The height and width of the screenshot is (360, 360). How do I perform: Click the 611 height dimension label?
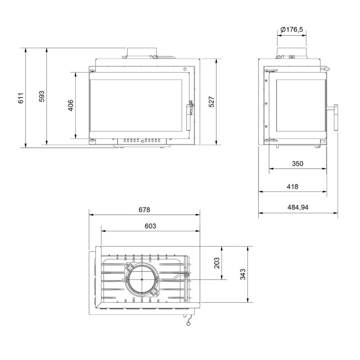[x=21, y=98]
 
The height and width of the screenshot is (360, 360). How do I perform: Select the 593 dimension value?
[x=42, y=96]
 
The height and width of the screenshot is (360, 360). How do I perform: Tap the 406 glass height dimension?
[x=70, y=105]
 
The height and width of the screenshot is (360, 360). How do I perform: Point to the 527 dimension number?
[x=211, y=101]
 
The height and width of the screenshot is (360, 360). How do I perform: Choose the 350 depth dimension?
[x=298, y=163]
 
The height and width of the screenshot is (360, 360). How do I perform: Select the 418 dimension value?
[x=293, y=186]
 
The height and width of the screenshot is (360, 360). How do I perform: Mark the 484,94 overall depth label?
[x=298, y=207]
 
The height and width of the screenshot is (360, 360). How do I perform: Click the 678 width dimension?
[x=144, y=210]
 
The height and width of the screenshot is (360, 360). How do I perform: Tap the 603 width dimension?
[x=150, y=226]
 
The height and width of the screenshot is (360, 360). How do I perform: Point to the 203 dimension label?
[x=217, y=263]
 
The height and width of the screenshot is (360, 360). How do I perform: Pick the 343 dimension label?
[x=243, y=274]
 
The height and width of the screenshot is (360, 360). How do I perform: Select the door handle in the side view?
[x=335, y=117]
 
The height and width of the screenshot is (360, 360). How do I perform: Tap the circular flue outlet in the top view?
[x=142, y=280]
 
